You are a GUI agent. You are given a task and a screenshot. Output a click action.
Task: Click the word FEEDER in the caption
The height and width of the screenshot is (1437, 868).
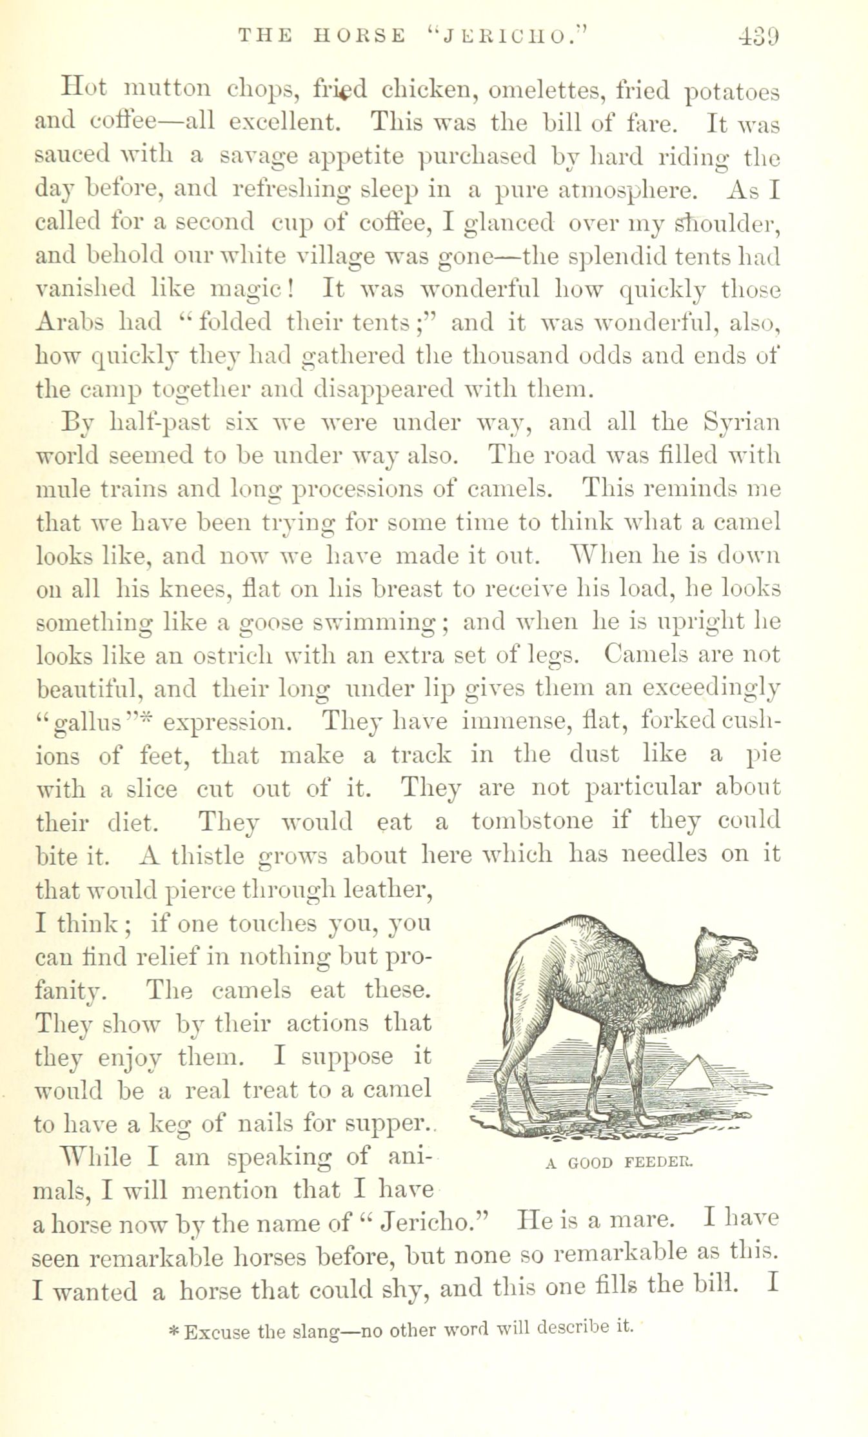point(658,1163)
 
